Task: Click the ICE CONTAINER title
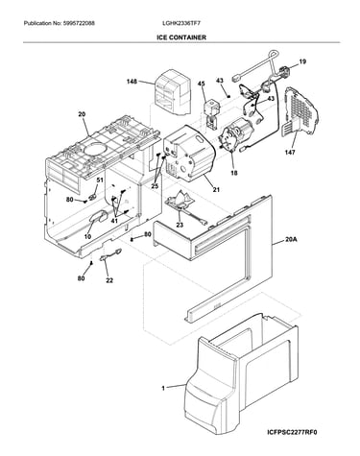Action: tap(181, 37)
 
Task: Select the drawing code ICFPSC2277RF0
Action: tap(292, 433)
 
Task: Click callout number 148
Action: tap(132, 82)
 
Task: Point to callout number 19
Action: tap(302, 61)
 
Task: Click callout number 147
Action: tap(290, 153)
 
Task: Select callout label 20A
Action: tap(291, 239)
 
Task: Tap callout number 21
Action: tap(216, 190)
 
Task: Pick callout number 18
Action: tap(234, 173)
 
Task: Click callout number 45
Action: tap(201, 84)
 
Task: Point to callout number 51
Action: tap(100, 180)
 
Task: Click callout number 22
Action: tap(109, 280)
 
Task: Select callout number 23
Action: tap(180, 225)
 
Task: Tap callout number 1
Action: tap(163, 389)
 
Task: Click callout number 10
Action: tap(87, 237)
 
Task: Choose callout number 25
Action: tap(155, 186)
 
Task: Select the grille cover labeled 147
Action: tap(300, 111)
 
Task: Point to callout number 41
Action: tap(114, 221)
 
